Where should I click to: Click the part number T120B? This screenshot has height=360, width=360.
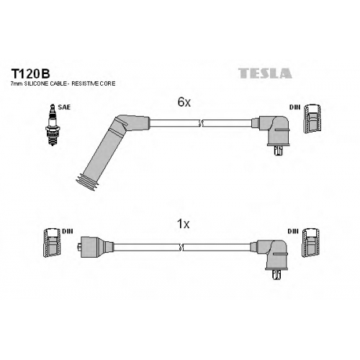point(30,73)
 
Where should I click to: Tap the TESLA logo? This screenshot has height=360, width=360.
point(265,73)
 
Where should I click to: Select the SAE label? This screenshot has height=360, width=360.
point(64,107)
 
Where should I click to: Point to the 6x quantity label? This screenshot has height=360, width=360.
point(184,102)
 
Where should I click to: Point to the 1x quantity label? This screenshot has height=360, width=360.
point(183,224)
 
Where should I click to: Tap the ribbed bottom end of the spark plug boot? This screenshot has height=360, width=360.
point(87,183)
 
